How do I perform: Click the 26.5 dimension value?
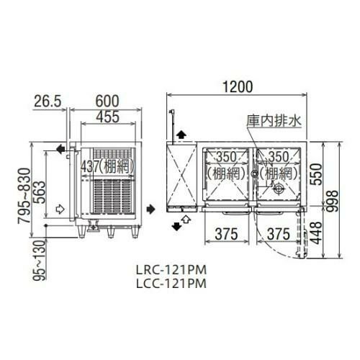coord(47,101)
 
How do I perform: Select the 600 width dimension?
coord(104,101)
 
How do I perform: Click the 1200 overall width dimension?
coord(237,87)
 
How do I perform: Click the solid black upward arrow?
coord(181,134)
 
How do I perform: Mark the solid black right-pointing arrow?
coord(149,209)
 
